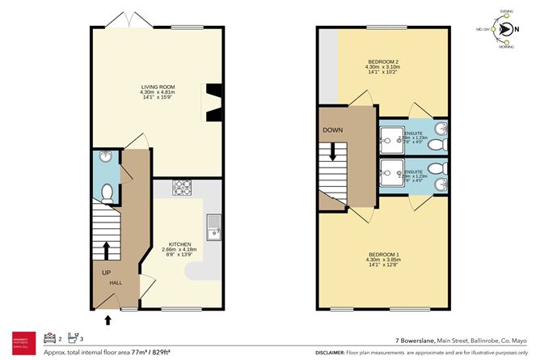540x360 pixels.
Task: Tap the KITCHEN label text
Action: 179,243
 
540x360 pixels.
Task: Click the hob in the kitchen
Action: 183,188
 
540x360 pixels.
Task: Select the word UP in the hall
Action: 106,273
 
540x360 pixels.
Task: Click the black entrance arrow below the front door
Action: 110,320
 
